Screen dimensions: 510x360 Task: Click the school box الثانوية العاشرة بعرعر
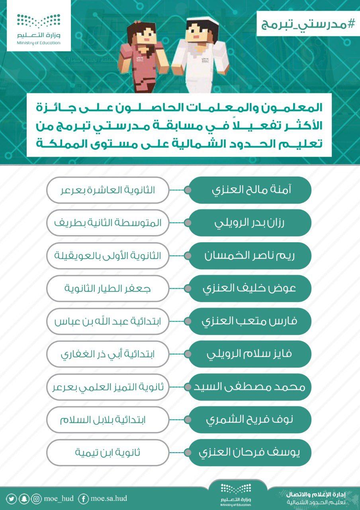(x=108, y=190)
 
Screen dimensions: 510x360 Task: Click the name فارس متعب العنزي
(x=250, y=321)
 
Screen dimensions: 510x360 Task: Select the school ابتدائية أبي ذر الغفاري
(x=108, y=354)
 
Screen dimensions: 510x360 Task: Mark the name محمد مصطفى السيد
(x=250, y=386)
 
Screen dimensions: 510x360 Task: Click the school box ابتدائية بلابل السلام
(x=108, y=419)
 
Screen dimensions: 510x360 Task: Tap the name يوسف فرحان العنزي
(x=250, y=452)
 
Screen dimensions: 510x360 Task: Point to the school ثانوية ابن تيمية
(x=108, y=452)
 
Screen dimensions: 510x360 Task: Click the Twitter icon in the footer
(x=12, y=498)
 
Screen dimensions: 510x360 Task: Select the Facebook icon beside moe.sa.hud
(x=84, y=498)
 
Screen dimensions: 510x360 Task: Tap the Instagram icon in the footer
(x=37, y=498)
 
